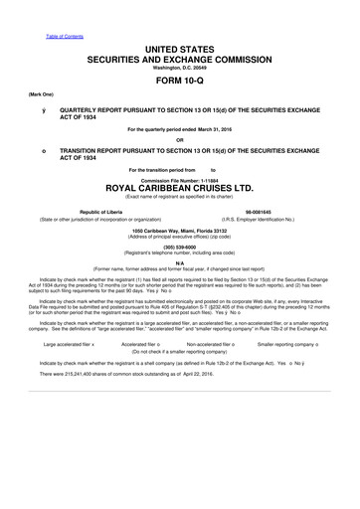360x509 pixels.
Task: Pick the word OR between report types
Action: pos(179,140)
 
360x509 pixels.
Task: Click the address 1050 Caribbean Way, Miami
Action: pos(179,230)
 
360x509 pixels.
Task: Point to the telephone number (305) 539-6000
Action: pos(179,249)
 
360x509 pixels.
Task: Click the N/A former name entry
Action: pos(179,263)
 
